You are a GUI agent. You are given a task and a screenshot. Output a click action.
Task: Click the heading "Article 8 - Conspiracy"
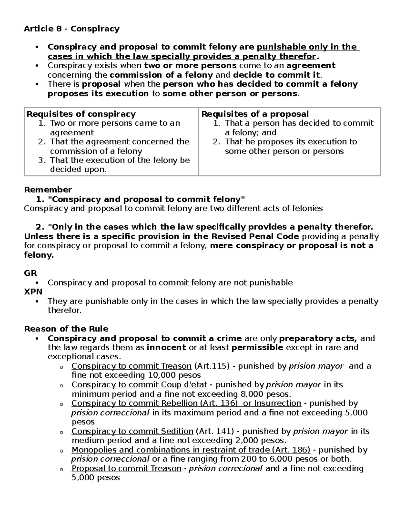72,29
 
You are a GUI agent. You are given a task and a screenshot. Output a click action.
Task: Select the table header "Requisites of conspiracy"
81,114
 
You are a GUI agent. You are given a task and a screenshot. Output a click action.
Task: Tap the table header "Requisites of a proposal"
255,114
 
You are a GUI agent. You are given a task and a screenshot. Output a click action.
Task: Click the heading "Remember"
48,190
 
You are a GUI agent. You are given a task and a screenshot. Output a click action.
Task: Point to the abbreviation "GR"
30,273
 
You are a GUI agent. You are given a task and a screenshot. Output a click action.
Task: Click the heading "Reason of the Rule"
66,329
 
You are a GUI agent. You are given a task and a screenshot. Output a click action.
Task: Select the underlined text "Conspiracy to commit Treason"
132,366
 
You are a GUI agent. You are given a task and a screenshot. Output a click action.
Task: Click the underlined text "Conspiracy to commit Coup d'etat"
139,385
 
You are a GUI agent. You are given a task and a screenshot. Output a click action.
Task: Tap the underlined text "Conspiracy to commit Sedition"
132,431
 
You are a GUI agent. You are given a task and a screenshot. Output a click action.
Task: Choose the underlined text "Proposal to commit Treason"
127,468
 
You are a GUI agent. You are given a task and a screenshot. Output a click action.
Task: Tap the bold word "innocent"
166,348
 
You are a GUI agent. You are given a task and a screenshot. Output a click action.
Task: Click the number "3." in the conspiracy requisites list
42,160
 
